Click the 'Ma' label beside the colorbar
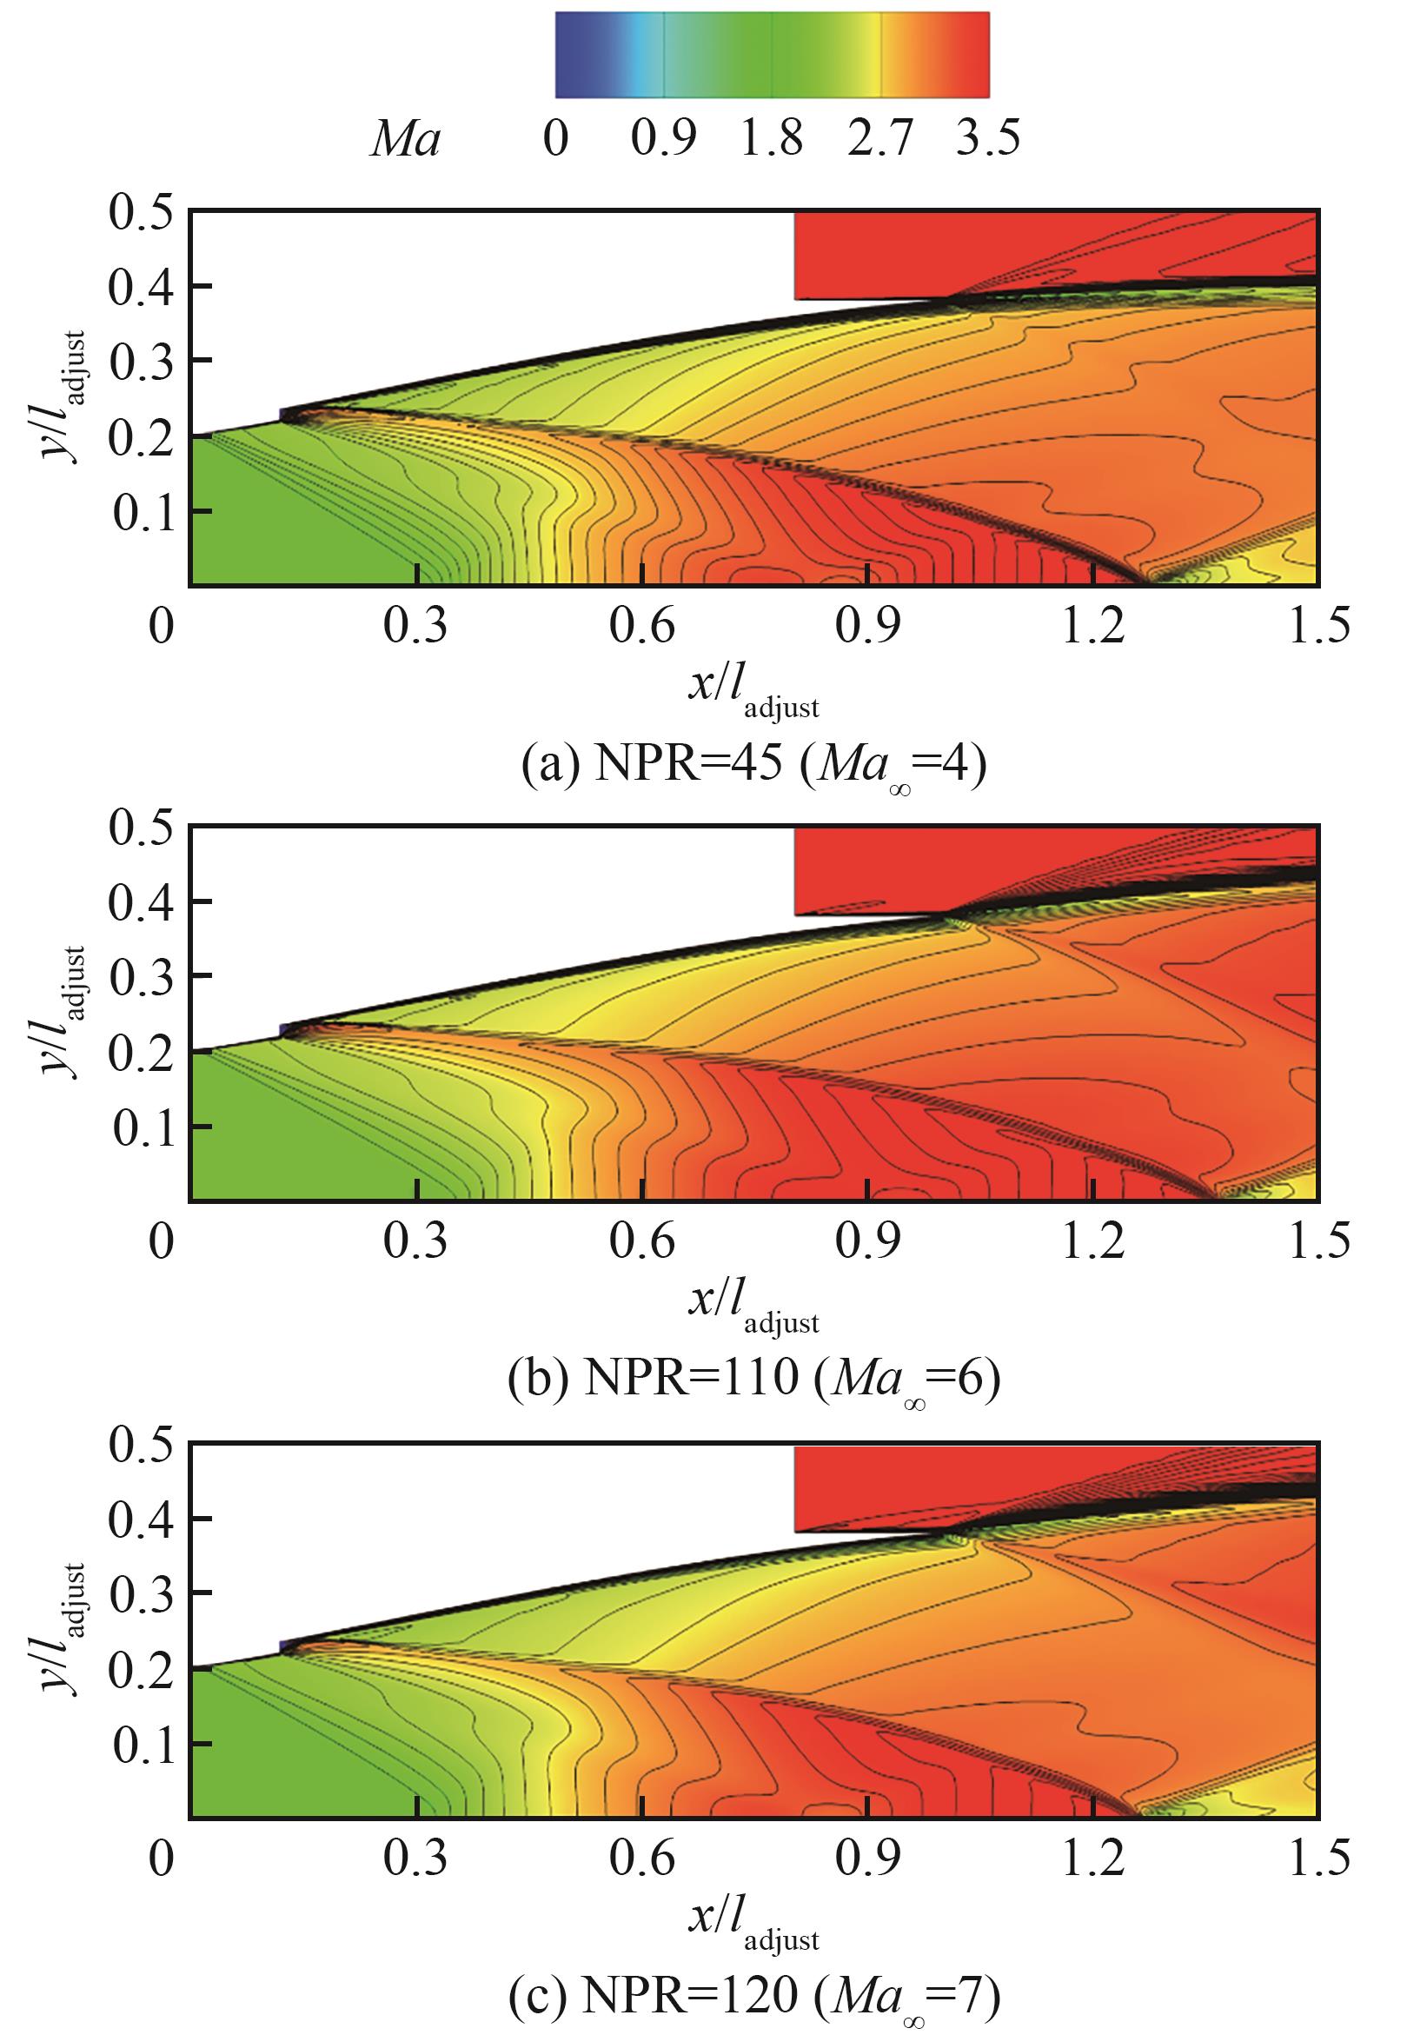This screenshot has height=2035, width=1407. (x=405, y=139)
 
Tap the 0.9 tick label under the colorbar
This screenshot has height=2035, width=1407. (x=663, y=139)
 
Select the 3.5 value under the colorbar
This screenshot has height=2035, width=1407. (x=988, y=139)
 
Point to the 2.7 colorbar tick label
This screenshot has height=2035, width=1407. (x=879, y=139)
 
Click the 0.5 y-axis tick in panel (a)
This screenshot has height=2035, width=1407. (x=141, y=214)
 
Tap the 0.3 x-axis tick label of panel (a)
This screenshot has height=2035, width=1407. (x=415, y=628)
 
